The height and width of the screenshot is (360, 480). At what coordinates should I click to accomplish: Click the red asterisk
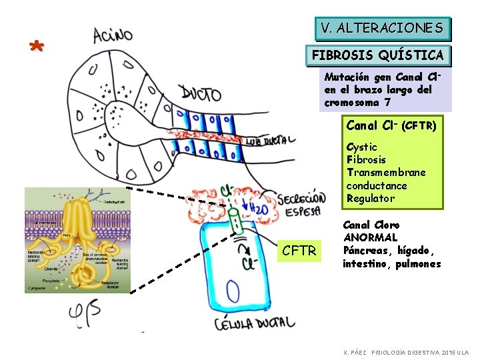(x=37, y=47)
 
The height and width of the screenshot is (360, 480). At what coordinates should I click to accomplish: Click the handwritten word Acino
(x=113, y=34)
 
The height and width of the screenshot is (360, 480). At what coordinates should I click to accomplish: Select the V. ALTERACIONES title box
(x=381, y=28)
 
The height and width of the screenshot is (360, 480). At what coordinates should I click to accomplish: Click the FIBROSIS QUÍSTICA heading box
(x=377, y=55)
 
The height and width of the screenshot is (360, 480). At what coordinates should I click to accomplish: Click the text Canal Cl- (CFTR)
(x=391, y=125)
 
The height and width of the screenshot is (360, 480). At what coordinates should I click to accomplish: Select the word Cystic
(x=361, y=147)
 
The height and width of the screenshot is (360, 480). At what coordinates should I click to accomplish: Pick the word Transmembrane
(x=386, y=172)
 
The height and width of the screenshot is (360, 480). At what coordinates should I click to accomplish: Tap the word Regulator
(x=370, y=198)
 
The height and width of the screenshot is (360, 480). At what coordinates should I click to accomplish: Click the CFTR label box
(x=299, y=251)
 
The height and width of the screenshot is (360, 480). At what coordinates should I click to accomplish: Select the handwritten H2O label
(x=261, y=209)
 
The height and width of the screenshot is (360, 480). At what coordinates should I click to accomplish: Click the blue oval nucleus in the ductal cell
(x=233, y=291)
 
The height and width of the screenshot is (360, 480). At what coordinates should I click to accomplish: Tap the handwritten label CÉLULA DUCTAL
(x=254, y=325)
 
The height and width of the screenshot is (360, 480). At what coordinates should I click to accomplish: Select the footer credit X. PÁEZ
(x=354, y=352)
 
